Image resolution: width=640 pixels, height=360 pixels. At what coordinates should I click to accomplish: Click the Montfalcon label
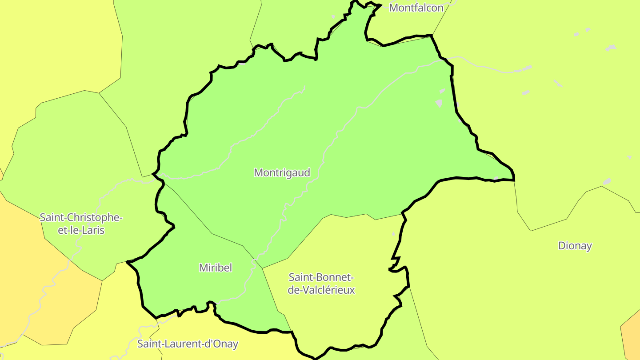(x=416, y=8)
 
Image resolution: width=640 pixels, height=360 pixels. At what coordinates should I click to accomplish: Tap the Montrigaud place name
(x=282, y=172)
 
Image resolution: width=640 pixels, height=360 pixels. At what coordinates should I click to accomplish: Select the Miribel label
(x=216, y=268)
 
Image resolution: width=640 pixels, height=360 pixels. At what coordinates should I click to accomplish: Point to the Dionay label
(x=575, y=246)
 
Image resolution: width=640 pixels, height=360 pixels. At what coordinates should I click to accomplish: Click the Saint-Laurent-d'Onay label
(x=188, y=344)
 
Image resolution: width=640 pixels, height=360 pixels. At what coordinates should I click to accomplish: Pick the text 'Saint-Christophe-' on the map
(x=81, y=218)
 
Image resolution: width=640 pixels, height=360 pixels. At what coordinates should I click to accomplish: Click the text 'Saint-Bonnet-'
(x=321, y=277)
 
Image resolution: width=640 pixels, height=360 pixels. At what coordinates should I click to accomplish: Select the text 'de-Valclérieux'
(x=321, y=290)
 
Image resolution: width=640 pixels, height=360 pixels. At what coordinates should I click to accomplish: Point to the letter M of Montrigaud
(x=258, y=172)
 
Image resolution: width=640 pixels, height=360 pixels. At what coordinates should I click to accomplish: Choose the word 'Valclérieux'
(x=332, y=290)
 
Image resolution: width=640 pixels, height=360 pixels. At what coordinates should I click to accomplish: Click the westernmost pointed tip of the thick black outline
(x=127, y=262)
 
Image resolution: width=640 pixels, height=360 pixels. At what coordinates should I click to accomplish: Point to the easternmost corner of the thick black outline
(x=514, y=180)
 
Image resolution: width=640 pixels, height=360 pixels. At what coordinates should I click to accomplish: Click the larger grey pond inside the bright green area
(x=439, y=103)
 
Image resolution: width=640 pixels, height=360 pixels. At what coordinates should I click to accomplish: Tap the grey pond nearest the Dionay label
(x=607, y=181)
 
